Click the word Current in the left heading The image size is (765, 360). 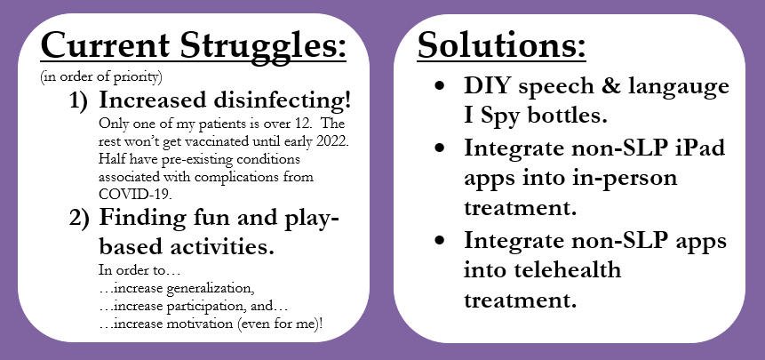click(x=106, y=44)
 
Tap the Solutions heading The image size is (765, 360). click(x=501, y=44)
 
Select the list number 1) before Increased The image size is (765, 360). click(x=80, y=100)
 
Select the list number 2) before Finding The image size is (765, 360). click(x=80, y=218)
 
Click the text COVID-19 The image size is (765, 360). click(x=135, y=194)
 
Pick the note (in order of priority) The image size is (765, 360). click(x=101, y=77)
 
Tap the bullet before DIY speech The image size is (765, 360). click(x=440, y=86)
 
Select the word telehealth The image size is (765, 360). click(x=543, y=269)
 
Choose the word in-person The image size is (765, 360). click(x=626, y=179)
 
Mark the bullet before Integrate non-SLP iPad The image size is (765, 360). click(x=440, y=147)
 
